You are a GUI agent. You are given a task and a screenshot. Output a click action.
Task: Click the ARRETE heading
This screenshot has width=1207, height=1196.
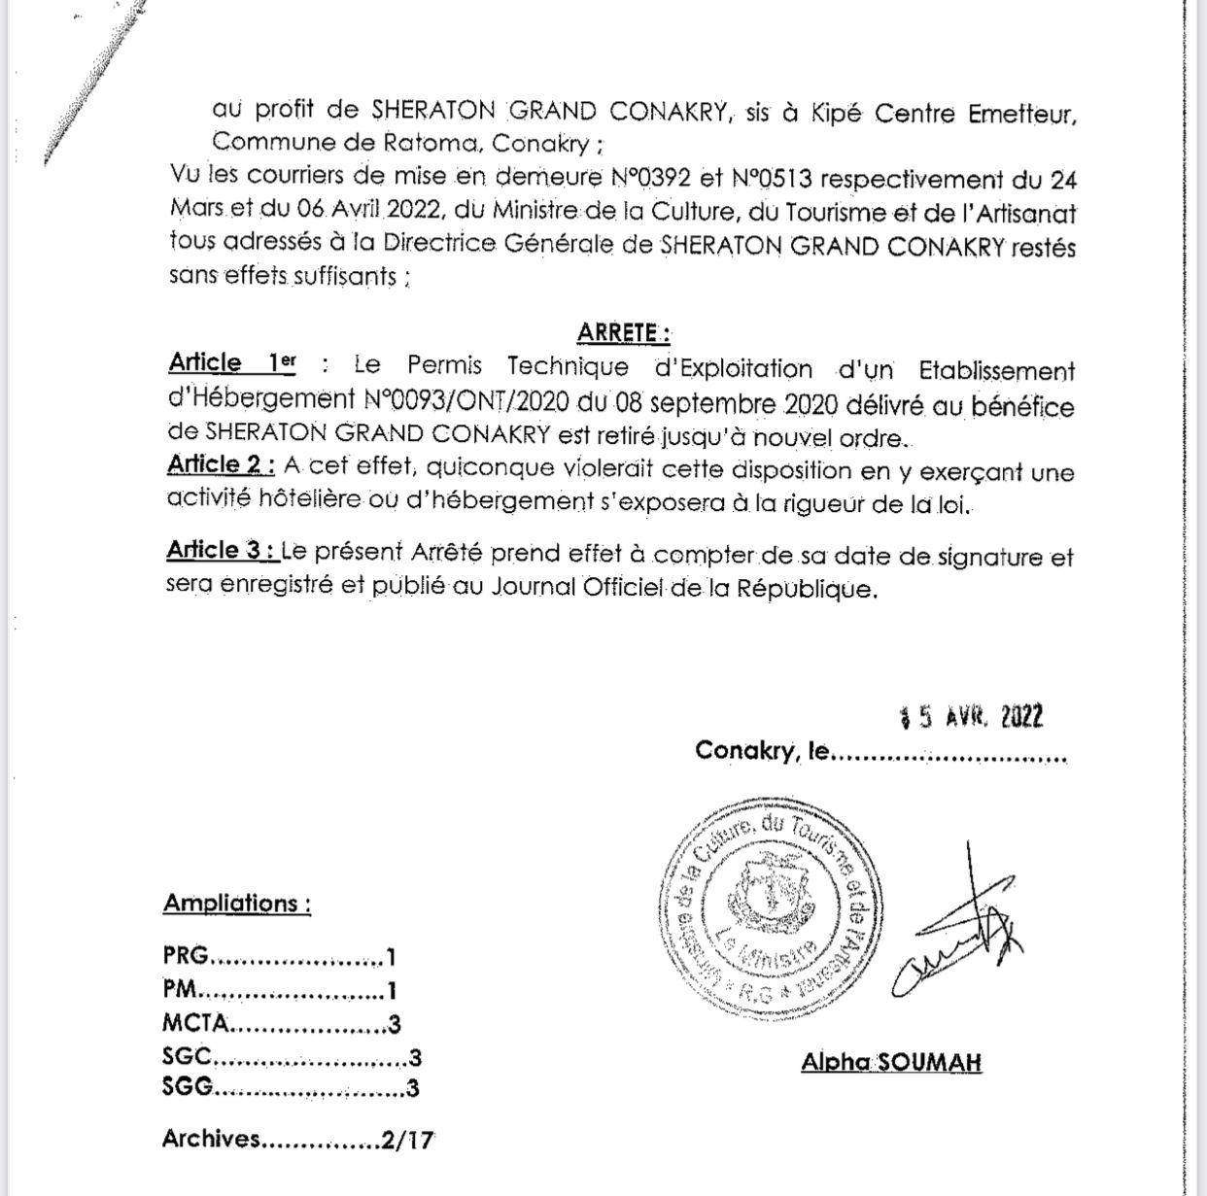623,332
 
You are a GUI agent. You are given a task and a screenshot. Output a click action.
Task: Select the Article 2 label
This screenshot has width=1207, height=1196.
220,464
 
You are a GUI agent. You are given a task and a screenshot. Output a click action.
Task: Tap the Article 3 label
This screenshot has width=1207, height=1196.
221,550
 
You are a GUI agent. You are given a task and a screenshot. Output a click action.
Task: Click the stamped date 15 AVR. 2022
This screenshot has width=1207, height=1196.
972,717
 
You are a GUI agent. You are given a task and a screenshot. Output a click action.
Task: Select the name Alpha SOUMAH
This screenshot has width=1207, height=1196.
891,1062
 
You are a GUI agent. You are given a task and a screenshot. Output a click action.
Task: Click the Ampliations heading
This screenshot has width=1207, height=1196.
236,904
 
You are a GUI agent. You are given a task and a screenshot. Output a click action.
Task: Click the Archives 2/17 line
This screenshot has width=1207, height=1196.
297,1140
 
